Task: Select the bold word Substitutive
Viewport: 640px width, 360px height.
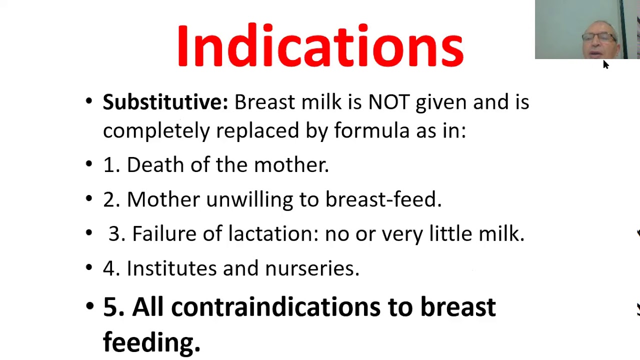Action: point(165,102)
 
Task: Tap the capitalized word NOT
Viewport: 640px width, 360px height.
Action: point(388,102)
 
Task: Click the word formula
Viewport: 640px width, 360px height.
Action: point(371,130)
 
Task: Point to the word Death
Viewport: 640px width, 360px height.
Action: point(155,165)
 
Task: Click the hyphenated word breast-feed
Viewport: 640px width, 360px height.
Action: point(383,199)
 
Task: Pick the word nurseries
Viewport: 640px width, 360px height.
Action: point(312,268)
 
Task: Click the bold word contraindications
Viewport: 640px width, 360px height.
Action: point(275,306)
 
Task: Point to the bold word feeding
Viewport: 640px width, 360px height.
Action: point(151,342)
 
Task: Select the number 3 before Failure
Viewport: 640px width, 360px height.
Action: point(116,234)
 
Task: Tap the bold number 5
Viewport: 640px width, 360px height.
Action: point(113,306)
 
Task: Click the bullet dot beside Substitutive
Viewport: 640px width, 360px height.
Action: point(89,101)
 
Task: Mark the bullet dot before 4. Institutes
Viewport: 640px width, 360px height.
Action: point(89,268)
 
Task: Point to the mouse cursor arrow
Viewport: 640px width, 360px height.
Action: point(605,64)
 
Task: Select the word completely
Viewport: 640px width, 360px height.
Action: point(156,130)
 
